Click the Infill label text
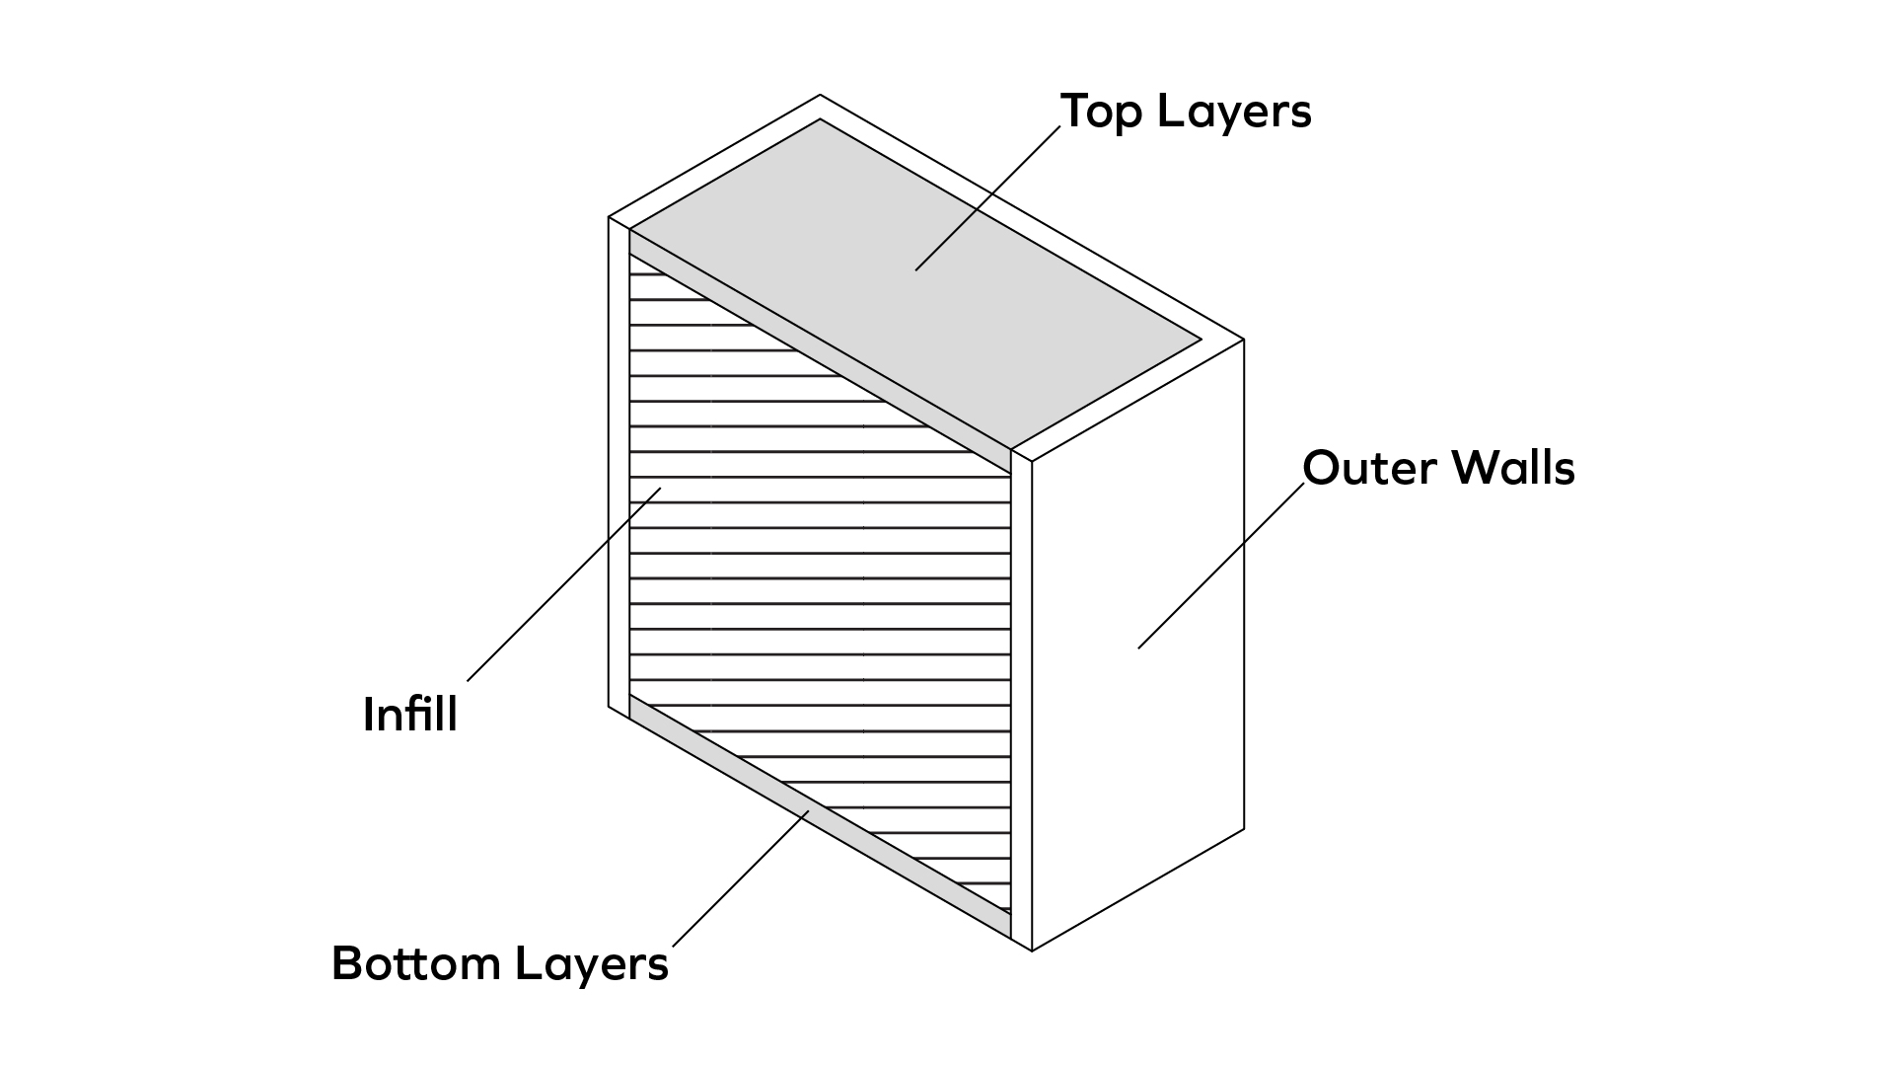tap(410, 714)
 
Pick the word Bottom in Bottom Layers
tap(415, 963)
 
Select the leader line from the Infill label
tap(562, 584)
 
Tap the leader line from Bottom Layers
tap(740, 878)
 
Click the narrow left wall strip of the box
tap(619, 464)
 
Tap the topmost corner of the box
tap(820, 96)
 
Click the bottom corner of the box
tap(1032, 951)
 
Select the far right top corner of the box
tap(1243, 340)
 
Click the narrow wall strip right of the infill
tap(1021, 701)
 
